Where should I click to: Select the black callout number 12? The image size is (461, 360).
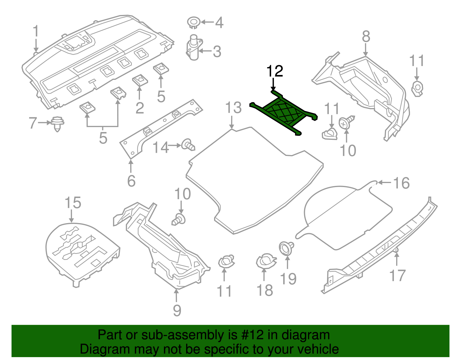[275, 71]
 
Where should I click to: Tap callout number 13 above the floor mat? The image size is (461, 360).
[233, 108]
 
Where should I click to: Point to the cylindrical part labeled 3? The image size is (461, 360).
[193, 48]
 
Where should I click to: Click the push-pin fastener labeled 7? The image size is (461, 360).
[57, 123]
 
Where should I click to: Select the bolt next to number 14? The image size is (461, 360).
[188, 145]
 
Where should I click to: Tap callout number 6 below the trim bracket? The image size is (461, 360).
[131, 181]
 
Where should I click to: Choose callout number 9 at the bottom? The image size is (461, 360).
[177, 311]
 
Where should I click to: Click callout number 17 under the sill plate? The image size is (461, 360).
[397, 275]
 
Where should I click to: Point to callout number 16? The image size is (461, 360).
[401, 183]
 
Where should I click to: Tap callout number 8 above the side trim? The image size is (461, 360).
[366, 37]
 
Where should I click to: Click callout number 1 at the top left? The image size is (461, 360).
[36, 31]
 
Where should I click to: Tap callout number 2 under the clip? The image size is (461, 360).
[139, 108]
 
